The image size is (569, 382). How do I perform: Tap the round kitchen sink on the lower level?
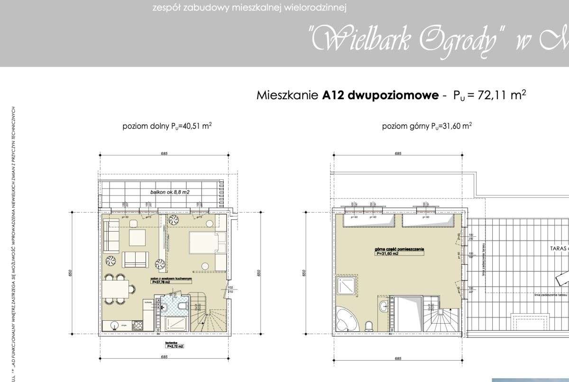click(114, 325)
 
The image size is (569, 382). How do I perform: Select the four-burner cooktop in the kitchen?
click(138, 325)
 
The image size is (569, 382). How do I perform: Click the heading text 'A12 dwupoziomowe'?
click(380, 95)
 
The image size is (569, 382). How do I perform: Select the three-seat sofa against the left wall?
click(112, 236)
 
